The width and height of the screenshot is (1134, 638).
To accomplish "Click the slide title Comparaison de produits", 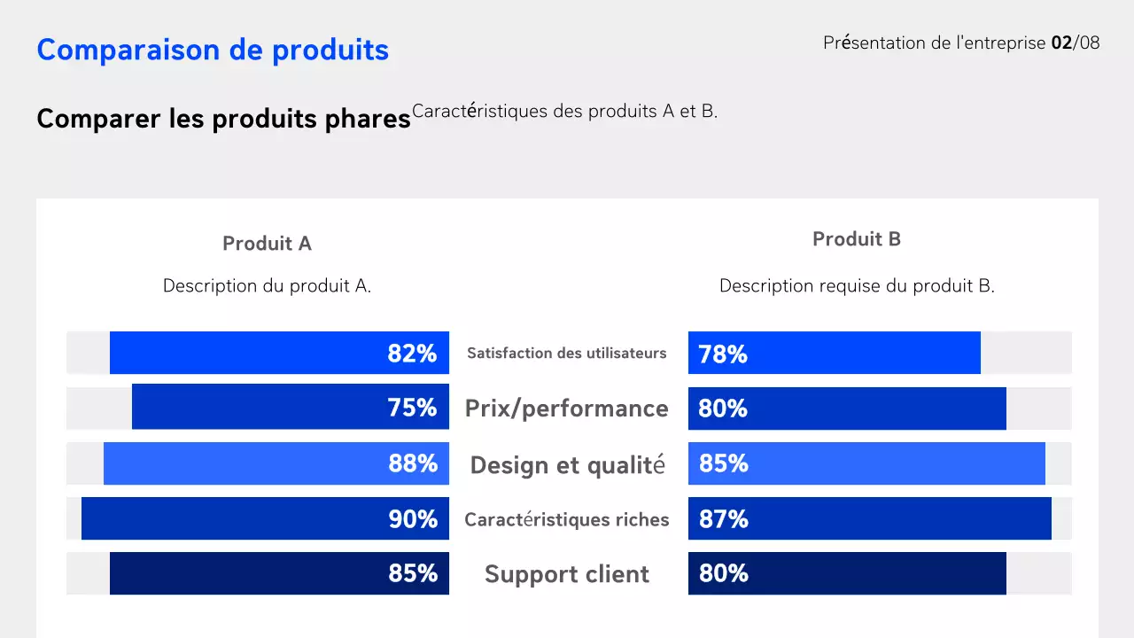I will click(213, 50).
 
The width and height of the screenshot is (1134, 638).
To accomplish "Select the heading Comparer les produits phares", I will click(223, 119).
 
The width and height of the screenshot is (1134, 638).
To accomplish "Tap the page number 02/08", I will click(1075, 43).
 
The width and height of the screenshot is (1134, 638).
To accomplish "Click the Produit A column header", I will click(267, 244).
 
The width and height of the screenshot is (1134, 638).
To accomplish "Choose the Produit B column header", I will click(856, 239).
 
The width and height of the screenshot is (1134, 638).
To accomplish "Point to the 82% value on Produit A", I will click(412, 354).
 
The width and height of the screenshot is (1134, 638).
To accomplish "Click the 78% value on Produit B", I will click(723, 354).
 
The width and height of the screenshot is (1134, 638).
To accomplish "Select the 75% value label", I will click(412, 408).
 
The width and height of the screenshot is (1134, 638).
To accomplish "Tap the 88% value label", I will click(413, 463).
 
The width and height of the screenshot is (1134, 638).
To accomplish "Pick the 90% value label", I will click(413, 519).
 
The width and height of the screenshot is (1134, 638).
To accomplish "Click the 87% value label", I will click(723, 519).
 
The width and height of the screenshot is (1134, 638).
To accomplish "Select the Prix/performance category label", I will click(567, 408).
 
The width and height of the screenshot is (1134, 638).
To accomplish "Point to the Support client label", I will click(567, 574).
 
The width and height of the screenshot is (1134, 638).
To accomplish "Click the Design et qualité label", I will click(567, 464).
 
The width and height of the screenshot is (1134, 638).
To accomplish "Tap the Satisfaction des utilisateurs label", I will click(567, 353).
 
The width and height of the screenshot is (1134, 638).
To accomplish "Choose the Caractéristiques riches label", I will click(567, 519).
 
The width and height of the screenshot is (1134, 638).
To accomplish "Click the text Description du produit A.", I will click(267, 286).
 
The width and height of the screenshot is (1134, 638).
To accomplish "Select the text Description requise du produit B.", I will click(857, 286).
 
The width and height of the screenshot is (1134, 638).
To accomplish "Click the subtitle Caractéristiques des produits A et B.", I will click(564, 112).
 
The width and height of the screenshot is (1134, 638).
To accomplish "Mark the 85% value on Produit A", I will click(413, 573).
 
